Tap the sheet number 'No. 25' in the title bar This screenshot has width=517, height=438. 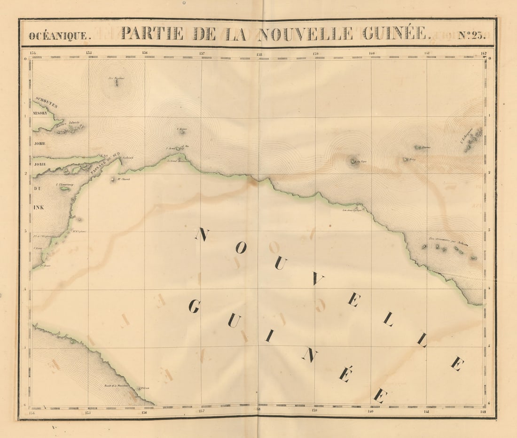click(471, 35)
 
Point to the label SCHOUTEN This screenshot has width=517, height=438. click(46, 102)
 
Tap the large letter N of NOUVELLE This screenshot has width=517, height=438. click(202, 234)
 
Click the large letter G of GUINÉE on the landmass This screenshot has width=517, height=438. click(194, 307)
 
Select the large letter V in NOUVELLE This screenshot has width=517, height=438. click(318, 280)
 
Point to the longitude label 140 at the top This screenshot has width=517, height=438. click(372, 53)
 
